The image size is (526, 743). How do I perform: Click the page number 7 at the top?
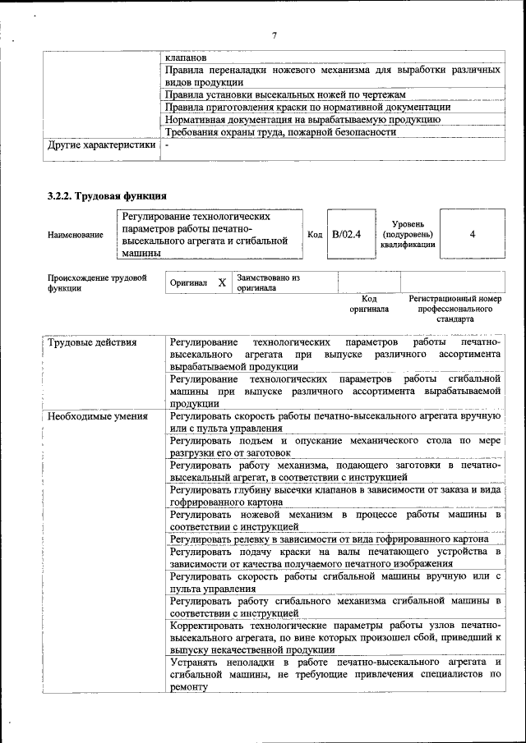pos(275,34)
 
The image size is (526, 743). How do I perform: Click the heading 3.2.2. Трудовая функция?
pos(108,196)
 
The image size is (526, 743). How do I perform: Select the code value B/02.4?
pos(347,235)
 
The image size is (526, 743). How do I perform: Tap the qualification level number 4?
pos(473,235)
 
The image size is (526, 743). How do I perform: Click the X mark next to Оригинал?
pos(222,282)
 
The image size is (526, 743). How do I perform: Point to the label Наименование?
pos(76,235)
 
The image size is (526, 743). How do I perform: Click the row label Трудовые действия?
pos(92,342)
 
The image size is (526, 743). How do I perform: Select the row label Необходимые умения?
pos(98,416)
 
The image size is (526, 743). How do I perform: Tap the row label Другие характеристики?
pos(101,144)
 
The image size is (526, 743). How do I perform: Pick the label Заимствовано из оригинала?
pos(268,283)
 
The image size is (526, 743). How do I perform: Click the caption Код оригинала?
pos(369,304)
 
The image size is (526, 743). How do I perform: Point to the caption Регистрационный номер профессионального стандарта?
pos(454,309)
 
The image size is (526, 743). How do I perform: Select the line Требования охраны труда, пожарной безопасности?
pos(275,131)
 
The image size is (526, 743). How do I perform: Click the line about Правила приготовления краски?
pos(307,107)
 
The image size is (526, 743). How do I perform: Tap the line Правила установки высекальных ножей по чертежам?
pos(285,94)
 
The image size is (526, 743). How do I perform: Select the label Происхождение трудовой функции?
pos(97,282)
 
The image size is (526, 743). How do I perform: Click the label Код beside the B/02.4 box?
pos(314,235)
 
